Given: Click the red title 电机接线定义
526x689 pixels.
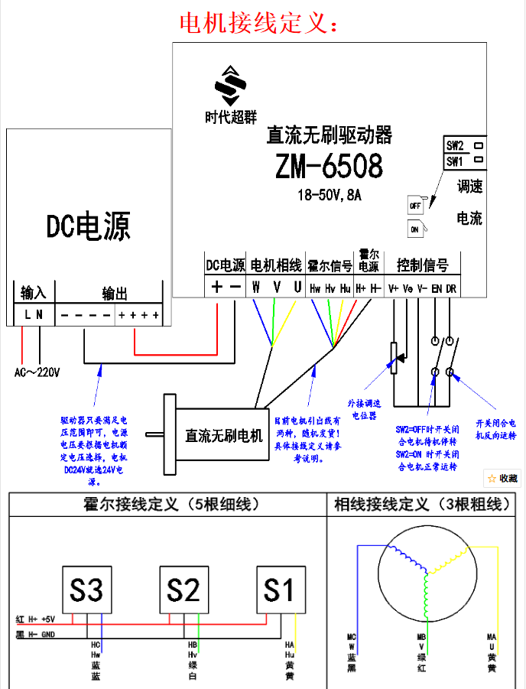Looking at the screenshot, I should (258, 22).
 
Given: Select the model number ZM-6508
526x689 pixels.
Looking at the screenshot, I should (330, 166).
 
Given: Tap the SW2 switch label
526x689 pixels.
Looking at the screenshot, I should (455, 145).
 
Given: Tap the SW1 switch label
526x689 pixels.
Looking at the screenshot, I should (455, 161).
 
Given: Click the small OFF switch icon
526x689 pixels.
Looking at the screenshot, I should (415, 205).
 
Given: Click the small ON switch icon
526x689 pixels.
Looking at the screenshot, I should (415, 229).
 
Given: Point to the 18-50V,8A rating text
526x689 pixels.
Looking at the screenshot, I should (330, 195).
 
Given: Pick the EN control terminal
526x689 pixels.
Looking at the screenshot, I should (437, 288).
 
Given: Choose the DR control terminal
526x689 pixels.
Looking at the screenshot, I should (451, 288).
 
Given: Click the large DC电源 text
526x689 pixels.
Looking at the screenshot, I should (88, 226).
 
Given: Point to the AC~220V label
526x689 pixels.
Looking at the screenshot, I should (37, 372).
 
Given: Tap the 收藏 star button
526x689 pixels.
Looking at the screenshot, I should (503, 478).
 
